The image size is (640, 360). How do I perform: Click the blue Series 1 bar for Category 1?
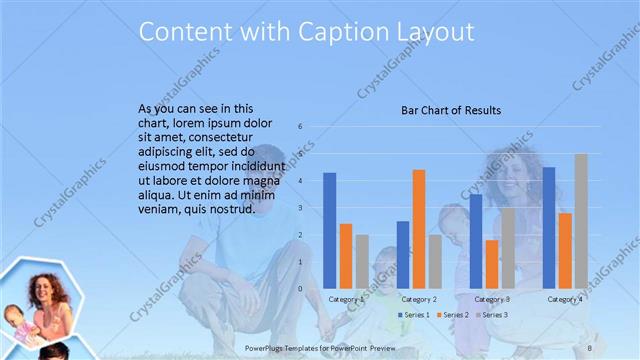pyautogui.click(x=329, y=231)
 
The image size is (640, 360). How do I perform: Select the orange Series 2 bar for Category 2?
pyautogui.click(x=418, y=229)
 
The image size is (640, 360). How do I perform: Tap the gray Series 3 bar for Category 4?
pyautogui.click(x=581, y=221)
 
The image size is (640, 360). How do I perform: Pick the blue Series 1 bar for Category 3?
pyautogui.click(x=476, y=241)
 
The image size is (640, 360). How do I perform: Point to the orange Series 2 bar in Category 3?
pyautogui.click(x=492, y=264)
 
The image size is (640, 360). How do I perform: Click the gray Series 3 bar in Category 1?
pyautogui.click(x=362, y=262)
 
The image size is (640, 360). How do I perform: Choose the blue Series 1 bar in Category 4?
pyautogui.click(x=549, y=228)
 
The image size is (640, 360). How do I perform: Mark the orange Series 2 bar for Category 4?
pyautogui.click(x=565, y=251)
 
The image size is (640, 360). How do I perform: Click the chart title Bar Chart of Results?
pyautogui.click(x=451, y=110)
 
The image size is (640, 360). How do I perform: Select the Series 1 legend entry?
pyautogui.click(x=413, y=315)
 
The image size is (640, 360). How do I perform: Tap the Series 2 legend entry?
pyautogui.click(x=451, y=315)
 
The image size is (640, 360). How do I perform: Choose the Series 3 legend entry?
pyautogui.click(x=490, y=315)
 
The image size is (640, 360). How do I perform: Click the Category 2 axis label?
pyautogui.click(x=419, y=299)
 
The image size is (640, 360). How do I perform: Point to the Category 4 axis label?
pyautogui.click(x=566, y=299)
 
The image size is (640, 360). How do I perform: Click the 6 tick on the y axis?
pyautogui.click(x=299, y=127)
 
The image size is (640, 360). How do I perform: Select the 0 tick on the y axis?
pyautogui.click(x=299, y=289)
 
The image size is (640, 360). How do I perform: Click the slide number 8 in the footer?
pyautogui.click(x=590, y=346)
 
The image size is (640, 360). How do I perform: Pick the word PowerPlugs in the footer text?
pyautogui.click(x=265, y=346)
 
